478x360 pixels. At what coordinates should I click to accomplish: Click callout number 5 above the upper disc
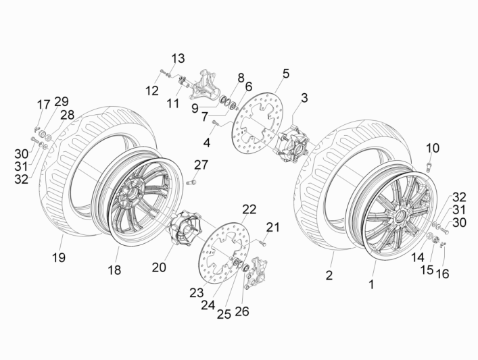[x=285, y=73]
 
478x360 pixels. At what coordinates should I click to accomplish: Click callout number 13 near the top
[x=177, y=59]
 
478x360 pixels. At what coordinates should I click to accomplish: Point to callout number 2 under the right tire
[x=330, y=275]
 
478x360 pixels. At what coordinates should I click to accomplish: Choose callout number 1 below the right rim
[x=371, y=285]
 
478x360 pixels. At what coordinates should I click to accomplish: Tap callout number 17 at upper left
[x=43, y=104]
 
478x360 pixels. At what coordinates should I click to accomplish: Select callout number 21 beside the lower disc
[x=272, y=226]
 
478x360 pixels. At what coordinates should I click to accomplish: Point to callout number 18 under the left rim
[x=114, y=270]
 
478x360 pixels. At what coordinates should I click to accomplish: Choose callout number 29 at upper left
[x=62, y=101]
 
